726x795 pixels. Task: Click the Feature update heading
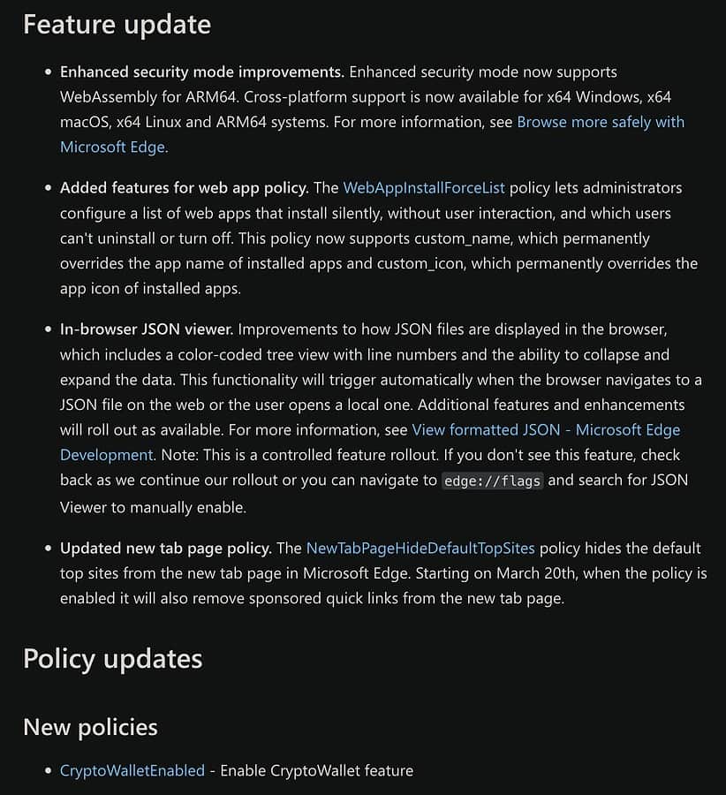[117, 24]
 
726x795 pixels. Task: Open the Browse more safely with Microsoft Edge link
[601, 122]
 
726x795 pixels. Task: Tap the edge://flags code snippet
[492, 481]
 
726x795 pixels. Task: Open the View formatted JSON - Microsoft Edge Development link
[546, 430]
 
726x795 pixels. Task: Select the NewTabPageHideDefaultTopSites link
[420, 548]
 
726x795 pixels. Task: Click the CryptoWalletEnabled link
[132, 770]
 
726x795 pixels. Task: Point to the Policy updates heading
[113, 659]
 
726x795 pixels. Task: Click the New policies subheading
[90, 727]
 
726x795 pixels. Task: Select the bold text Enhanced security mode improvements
[201, 72]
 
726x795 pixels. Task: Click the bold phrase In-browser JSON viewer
[147, 329]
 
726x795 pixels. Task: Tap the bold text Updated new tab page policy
[165, 548]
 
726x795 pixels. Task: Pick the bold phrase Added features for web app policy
[184, 187]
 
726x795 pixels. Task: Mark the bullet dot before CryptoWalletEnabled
[49, 771]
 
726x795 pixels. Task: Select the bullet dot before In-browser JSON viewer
[49, 329]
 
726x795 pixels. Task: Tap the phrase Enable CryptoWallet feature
[316, 770]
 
